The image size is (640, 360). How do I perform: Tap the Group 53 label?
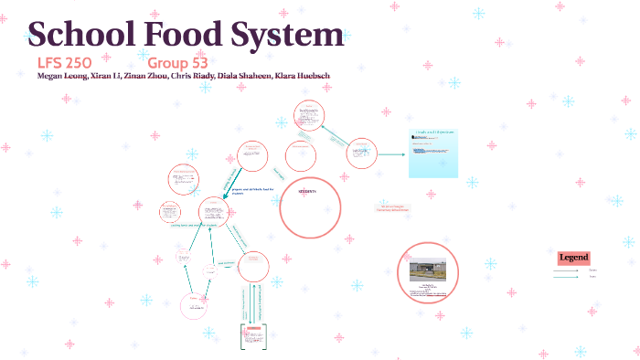click(178, 63)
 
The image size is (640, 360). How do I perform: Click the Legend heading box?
click(574, 258)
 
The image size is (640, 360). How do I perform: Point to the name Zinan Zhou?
click(146, 76)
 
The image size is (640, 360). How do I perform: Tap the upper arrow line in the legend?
click(571, 270)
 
